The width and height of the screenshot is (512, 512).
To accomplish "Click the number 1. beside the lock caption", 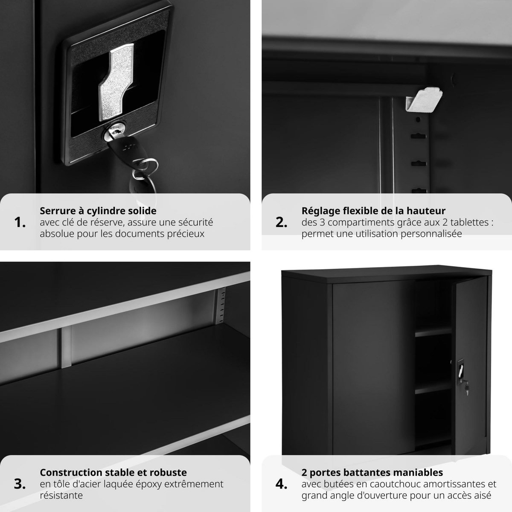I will (x=20, y=222).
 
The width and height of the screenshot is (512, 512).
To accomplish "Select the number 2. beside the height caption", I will (x=282, y=222).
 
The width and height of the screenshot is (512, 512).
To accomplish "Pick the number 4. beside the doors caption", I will (x=282, y=484).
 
